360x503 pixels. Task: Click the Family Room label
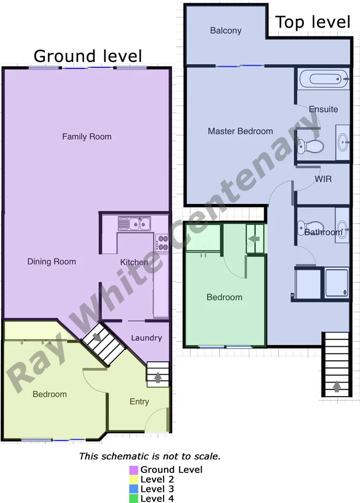tap(87, 137)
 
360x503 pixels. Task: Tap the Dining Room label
tap(51, 262)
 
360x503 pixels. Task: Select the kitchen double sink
tap(134, 224)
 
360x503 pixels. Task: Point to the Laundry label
tap(146, 338)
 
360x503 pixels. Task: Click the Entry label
tap(139, 401)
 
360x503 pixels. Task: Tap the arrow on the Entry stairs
tap(158, 377)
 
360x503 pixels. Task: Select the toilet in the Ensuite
tap(311, 146)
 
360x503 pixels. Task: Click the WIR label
tap(323, 179)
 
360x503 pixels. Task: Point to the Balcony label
tap(225, 31)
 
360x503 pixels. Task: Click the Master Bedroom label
tap(240, 131)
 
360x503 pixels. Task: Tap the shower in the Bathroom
tap(336, 283)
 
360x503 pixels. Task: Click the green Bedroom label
tap(224, 297)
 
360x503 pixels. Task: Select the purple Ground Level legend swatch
tap(134, 470)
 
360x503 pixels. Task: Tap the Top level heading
tap(312, 22)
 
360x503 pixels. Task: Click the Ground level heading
tap(88, 56)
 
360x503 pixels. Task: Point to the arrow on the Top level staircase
tap(336, 386)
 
